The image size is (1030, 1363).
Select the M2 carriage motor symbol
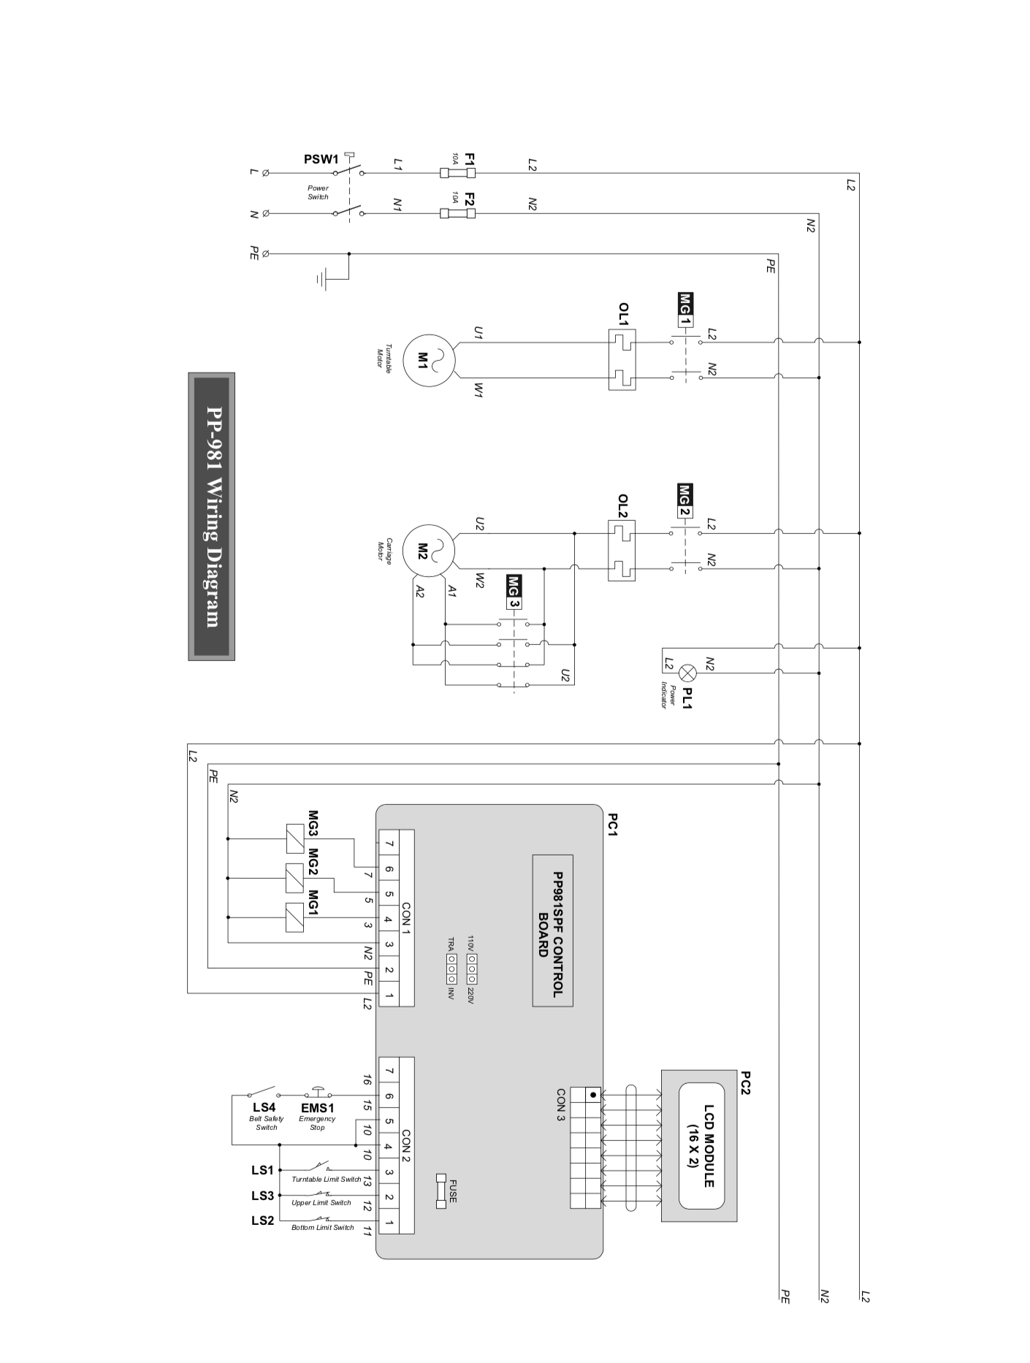coord(429,550)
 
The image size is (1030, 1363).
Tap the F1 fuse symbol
coord(458,173)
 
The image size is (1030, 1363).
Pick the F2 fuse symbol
coord(458,213)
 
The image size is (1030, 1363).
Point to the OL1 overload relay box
coord(622,359)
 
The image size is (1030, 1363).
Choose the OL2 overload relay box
coord(622,551)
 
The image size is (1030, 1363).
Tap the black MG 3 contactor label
coord(514,592)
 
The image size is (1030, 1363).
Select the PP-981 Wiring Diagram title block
coord(211,516)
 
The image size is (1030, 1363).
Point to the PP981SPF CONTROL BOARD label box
coord(552,930)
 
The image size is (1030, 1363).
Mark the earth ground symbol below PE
coord(322,278)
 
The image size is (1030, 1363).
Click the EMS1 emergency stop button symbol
coord(318,1093)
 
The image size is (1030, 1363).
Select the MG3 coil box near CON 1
coord(294,839)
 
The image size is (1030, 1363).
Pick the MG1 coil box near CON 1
coord(294,917)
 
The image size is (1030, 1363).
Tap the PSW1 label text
coord(321,159)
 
